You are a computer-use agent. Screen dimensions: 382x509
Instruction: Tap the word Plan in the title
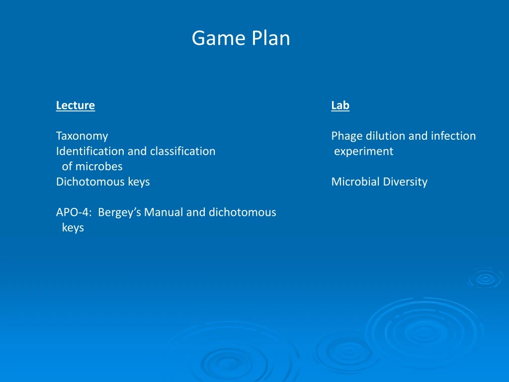click(271, 38)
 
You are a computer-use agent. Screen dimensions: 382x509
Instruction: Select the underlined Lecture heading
click(75, 105)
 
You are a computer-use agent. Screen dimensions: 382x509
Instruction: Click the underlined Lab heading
click(340, 105)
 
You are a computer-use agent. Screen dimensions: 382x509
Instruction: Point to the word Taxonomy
click(82, 136)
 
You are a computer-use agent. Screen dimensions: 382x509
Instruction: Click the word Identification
click(90, 151)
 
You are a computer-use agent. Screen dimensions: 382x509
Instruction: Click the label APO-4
click(74, 212)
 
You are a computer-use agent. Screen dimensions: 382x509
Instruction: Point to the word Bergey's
click(119, 212)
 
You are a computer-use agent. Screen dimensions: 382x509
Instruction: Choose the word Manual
click(164, 212)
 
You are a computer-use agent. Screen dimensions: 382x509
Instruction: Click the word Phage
click(347, 136)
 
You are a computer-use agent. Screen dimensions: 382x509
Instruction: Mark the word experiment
click(363, 151)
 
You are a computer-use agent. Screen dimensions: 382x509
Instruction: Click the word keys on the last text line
click(73, 228)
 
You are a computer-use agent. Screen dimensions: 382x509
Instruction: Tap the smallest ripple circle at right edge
click(485, 279)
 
